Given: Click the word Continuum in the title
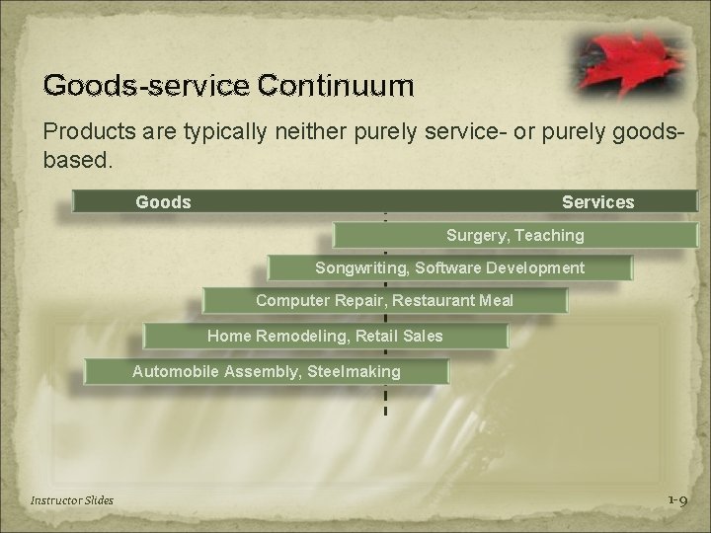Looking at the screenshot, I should [336, 86].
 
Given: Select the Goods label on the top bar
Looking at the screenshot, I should [163, 202].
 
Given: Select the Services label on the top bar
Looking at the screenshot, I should [597, 202].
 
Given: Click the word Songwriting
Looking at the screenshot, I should [360, 268].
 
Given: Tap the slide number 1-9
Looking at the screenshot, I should [676, 500].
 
